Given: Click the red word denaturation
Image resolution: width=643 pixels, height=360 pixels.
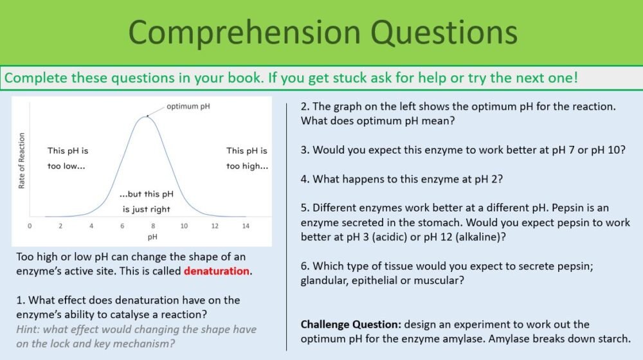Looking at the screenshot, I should (217, 271).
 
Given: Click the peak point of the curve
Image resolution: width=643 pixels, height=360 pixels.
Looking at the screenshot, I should (148, 116).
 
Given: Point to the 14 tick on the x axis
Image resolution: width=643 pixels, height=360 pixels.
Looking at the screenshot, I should (246, 226).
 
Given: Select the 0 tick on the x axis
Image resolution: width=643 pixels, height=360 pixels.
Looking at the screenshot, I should (30, 226).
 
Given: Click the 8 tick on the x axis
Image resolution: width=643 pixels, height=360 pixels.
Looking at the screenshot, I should (153, 226).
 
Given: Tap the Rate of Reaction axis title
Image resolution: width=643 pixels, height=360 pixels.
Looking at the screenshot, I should (22, 161).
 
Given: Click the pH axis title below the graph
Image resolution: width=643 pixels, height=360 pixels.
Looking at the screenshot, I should (152, 237).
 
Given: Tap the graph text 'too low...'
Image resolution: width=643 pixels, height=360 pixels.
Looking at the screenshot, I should (66, 166).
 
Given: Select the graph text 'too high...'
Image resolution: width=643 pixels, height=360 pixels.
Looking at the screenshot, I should (248, 166).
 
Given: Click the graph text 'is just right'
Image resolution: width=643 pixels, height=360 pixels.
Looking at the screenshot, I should (147, 209).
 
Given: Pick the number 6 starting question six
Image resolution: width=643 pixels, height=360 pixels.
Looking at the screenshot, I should (304, 266).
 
